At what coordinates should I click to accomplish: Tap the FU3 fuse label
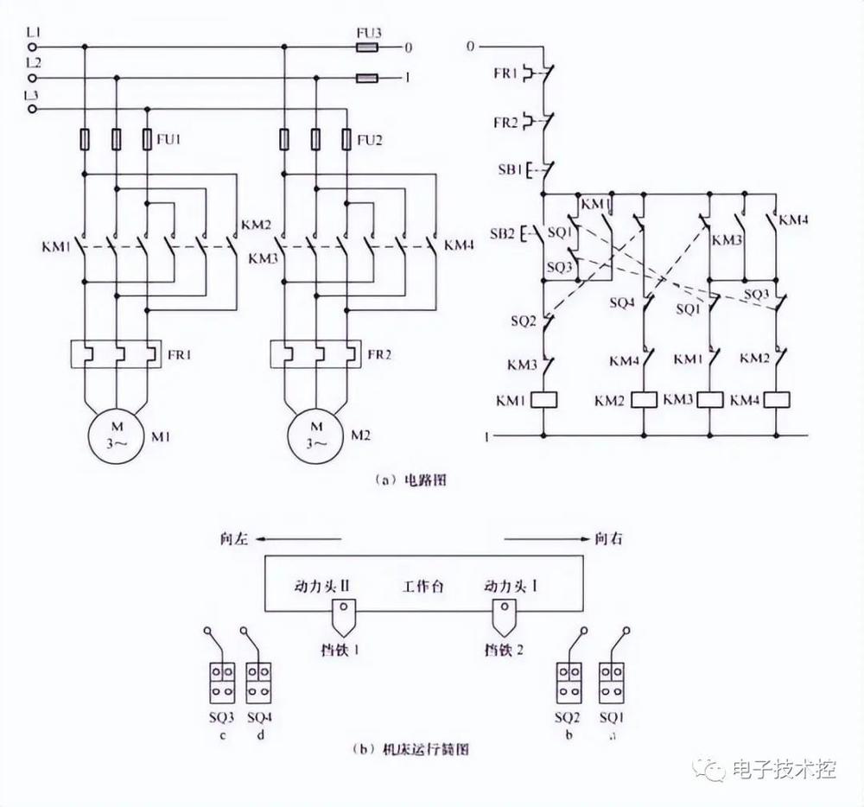369,33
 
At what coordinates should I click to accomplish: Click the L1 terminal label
33,33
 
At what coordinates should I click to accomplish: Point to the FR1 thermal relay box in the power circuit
117,353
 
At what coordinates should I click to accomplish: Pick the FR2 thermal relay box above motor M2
316,353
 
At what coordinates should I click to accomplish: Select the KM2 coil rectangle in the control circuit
645,400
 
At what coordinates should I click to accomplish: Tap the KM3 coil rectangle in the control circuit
711,400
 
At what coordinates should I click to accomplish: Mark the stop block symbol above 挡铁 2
504,616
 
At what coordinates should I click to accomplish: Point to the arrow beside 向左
299,539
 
